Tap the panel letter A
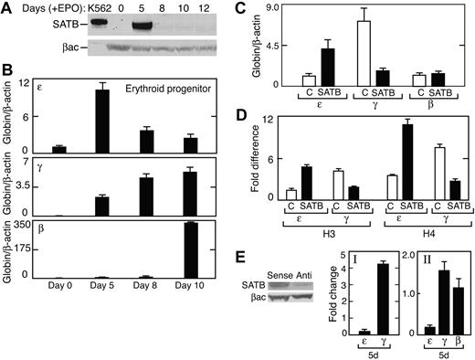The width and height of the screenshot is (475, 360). (x=7, y=9)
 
